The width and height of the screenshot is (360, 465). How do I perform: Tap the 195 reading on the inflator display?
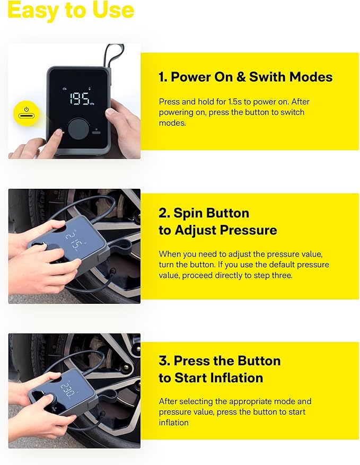[78, 99]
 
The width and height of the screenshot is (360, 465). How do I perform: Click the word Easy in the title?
[33, 10]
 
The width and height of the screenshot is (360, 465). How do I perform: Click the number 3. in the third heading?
[164, 361]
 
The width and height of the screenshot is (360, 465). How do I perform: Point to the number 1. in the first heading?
[163, 77]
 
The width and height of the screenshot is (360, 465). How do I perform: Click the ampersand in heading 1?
[240, 77]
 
